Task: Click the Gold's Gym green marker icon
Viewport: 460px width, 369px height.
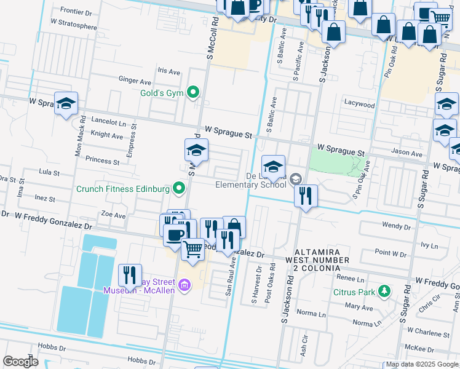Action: (193, 93)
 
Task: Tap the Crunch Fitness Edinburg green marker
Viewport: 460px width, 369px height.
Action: (179, 188)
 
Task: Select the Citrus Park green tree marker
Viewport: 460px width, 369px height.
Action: (384, 290)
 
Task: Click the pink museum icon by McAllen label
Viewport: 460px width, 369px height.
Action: (184, 285)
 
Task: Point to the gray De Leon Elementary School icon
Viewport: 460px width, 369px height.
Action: (296, 179)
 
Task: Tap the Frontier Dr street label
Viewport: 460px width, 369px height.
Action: (76, 12)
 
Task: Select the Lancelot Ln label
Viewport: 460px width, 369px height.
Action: (108, 122)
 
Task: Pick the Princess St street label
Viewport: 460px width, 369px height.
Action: (102, 161)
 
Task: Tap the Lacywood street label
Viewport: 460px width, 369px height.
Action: (360, 105)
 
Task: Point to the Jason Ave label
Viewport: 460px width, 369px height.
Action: (408, 154)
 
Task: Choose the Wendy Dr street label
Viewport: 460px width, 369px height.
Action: (395, 226)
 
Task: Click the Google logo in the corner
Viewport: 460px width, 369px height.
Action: (20, 362)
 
